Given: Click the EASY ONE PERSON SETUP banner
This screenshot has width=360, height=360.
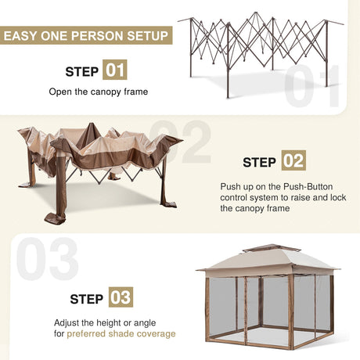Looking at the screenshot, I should click(x=86, y=36).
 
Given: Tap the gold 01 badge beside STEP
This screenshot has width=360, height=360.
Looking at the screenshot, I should click(x=114, y=71).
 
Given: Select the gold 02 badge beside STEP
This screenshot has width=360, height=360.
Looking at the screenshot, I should click(x=293, y=162).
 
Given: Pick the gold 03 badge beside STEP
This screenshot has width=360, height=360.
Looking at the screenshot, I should click(x=121, y=298).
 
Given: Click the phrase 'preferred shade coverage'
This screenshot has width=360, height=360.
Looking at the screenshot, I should click(x=121, y=334).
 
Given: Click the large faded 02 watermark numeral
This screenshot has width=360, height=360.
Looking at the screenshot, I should click(x=180, y=141).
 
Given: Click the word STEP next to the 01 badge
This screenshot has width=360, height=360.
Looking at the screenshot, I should click(x=82, y=72).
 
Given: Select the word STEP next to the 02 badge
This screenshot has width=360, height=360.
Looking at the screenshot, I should click(x=260, y=163).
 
